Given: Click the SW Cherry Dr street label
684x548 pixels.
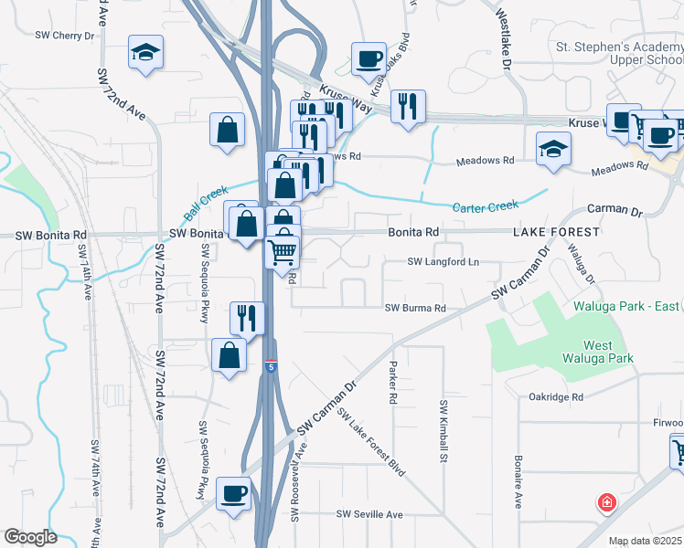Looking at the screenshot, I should pos(65,36).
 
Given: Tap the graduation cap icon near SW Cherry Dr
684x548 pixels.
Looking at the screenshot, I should pos(144,54).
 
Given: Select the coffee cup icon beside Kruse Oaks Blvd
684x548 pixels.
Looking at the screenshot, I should pos(369,59).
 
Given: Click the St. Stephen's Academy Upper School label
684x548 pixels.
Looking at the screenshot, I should pos(619,53).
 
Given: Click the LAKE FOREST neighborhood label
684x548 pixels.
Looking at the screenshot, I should pos(556,232).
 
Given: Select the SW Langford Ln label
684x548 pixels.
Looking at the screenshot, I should pos(444,262).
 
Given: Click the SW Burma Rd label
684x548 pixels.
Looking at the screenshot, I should pos(415,309).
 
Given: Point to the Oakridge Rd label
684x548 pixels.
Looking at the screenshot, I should pos(556,397).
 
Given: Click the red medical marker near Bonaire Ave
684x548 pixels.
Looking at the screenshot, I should pos(605,502).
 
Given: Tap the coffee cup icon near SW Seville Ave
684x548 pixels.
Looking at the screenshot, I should pos(234,495).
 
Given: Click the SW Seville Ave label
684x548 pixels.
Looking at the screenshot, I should pos(370,515).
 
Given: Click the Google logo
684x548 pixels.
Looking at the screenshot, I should pos(29,537).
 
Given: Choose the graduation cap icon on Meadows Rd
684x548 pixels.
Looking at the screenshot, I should pos(553,149).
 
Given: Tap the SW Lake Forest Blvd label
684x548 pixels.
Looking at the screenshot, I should pos(371,442).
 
